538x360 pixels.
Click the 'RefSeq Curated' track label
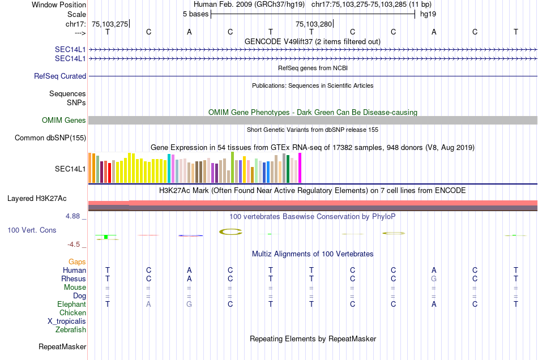click(x=60, y=76)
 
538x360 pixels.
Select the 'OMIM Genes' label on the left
click(x=64, y=120)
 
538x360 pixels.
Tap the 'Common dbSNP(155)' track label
click(x=50, y=138)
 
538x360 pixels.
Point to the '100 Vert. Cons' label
click(x=32, y=230)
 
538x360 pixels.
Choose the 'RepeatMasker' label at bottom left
click(x=62, y=346)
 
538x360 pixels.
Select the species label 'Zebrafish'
click(x=71, y=329)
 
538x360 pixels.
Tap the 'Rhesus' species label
click(x=74, y=278)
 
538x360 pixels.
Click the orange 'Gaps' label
click(x=77, y=262)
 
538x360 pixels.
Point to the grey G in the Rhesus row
click(x=434, y=278)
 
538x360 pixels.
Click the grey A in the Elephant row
click(x=148, y=304)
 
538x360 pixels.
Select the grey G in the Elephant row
click(x=189, y=304)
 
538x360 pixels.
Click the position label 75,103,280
click(x=314, y=24)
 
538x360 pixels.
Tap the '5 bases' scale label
click(x=195, y=14)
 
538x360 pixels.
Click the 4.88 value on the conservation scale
click(x=74, y=216)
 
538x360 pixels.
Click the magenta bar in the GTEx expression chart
click(x=300, y=168)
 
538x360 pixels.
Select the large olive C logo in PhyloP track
click(x=230, y=231)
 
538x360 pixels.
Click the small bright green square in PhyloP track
click(x=105, y=237)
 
